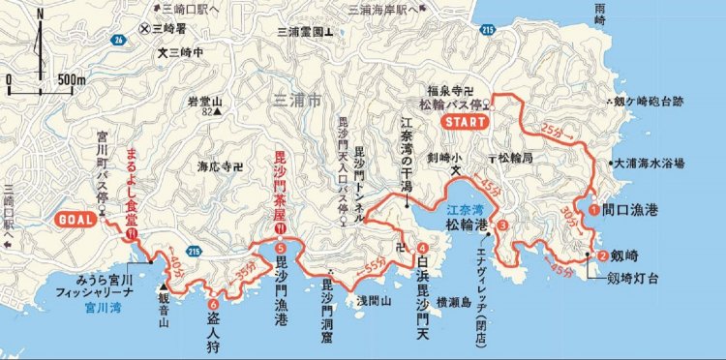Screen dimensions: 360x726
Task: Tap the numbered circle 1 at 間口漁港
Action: (593, 206)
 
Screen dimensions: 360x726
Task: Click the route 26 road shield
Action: (118, 40)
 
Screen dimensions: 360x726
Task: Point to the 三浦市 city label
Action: (295, 97)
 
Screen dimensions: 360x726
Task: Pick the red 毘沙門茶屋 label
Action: (281, 183)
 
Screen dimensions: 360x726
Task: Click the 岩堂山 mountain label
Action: (205, 101)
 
